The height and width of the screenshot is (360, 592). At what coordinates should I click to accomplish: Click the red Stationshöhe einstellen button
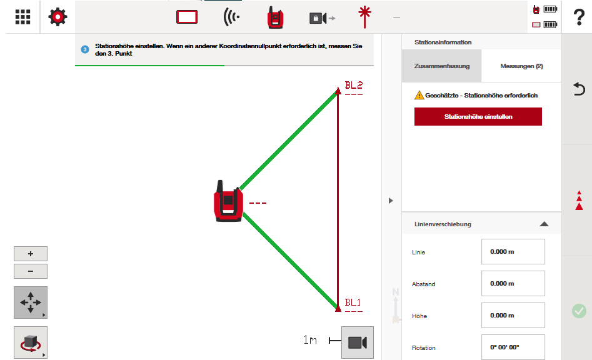tap(478, 117)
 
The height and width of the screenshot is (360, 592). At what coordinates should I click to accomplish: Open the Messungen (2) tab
tap(521, 66)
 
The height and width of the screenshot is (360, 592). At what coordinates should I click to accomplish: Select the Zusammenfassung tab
tap(442, 66)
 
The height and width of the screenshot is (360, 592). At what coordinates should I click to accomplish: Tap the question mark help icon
tap(579, 17)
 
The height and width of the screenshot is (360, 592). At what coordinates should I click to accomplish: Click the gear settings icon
tap(58, 17)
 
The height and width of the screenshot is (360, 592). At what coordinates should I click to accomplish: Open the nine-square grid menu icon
tap(23, 17)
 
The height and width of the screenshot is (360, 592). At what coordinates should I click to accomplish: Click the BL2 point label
tap(353, 85)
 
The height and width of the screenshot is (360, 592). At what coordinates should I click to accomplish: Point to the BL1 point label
tap(353, 302)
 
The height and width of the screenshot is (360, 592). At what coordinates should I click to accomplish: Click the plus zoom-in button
tap(31, 254)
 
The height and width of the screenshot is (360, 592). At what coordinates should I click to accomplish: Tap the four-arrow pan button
tap(31, 302)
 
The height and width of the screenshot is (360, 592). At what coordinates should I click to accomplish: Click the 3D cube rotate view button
tap(31, 342)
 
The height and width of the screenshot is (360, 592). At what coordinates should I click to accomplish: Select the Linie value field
tap(513, 252)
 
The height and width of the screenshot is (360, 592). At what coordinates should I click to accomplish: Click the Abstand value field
tap(513, 283)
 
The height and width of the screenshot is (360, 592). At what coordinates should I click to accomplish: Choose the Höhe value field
tap(513, 315)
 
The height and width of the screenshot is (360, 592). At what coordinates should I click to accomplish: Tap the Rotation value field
tap(513, 347)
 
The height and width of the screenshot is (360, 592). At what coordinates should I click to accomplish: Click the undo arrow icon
tap(579, 89)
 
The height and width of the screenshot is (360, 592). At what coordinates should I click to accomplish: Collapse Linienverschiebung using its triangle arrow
tap(544, 224)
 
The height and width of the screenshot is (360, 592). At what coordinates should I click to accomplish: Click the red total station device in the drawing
tap(228, 201)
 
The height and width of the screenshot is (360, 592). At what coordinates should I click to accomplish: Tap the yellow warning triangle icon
tap(419, 95)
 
